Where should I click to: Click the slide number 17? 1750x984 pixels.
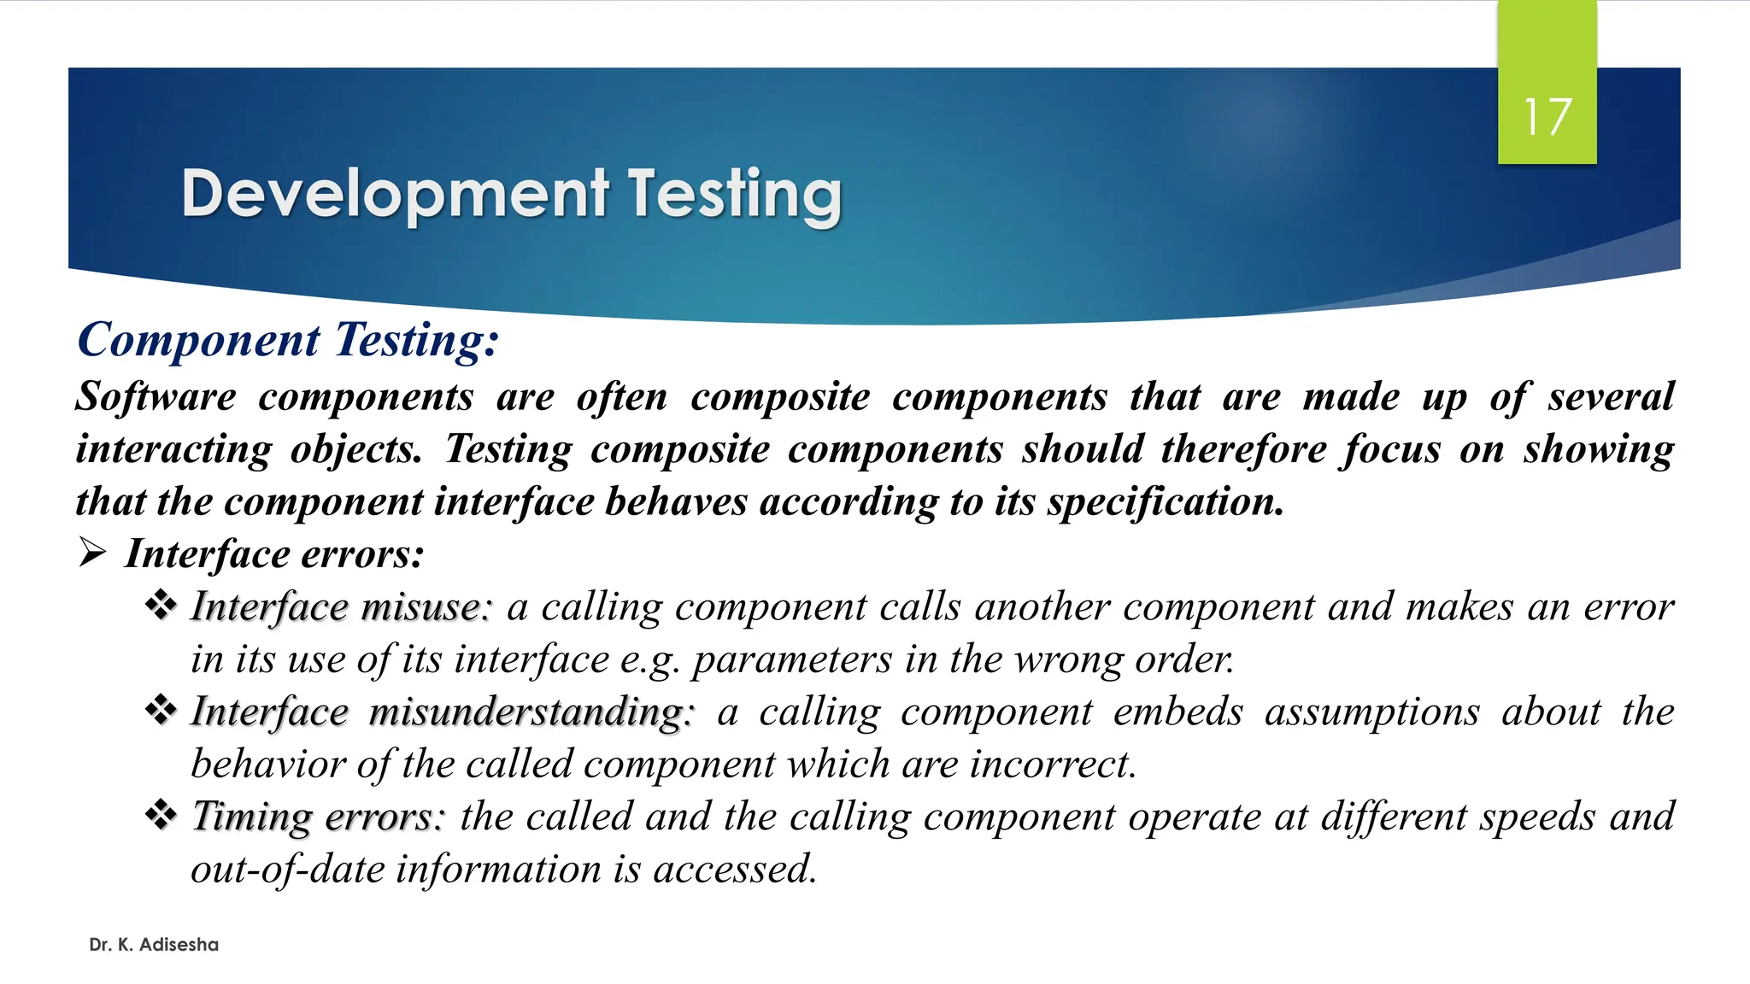[1547, 117]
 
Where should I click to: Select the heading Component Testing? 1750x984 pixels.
[288, 340]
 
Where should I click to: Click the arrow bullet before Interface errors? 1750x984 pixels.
[92, 553]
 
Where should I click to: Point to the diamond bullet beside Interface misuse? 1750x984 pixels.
[161, 606]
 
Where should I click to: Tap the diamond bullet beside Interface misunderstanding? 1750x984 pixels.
[161, 710]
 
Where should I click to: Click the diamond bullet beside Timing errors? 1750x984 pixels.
[161, 815]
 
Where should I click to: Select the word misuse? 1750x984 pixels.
[426, 607]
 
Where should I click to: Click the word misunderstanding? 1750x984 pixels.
[531, 712]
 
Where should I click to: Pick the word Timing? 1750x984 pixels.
[251, 817]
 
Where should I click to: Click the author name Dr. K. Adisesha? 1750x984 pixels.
[154, 945]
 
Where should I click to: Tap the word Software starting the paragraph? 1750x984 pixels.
[156, 397]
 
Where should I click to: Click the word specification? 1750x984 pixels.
[1166, 502]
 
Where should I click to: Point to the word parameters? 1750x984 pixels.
[792, 660]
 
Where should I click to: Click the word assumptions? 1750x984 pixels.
[1371, 712]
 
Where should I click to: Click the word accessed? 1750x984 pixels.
[735, 870]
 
